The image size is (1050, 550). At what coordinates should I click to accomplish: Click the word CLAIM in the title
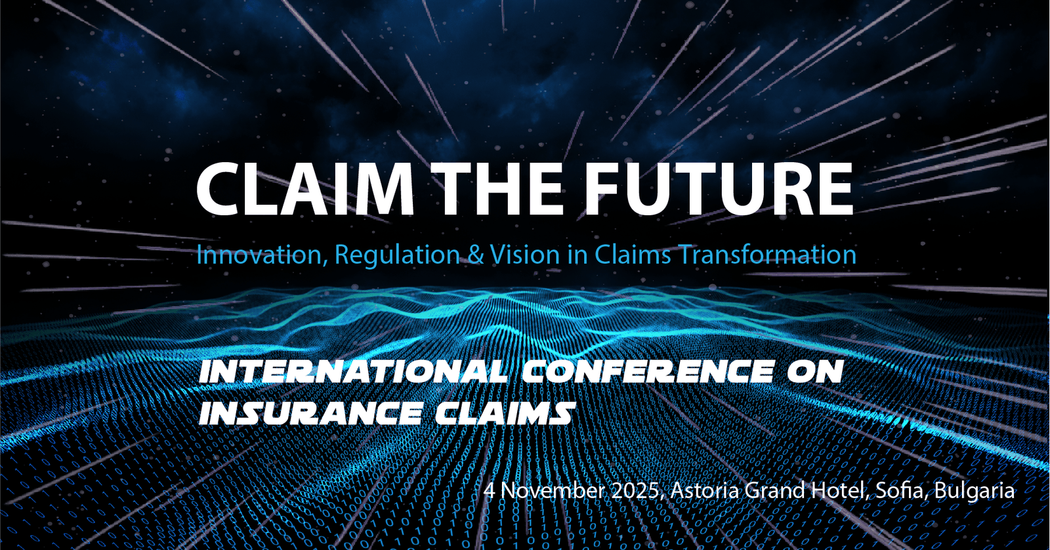coord(305,188)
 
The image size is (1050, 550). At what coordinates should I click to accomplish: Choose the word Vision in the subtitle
coord(525,255)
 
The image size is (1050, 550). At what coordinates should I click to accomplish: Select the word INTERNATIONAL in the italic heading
coord(353,371)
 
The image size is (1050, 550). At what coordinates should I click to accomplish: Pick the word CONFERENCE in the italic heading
coord(648,371)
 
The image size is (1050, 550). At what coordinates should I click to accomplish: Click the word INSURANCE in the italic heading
coord(310,413)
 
